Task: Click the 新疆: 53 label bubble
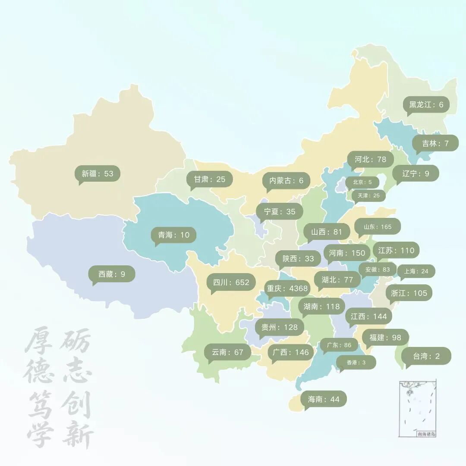pos(97,173)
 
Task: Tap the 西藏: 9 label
pos(112,274)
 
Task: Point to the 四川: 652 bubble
pos(231,283)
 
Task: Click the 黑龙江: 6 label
pos(426,105)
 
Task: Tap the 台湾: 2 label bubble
pos(426,356)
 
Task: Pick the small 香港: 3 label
pos(356,362)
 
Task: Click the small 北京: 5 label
pos(362,182)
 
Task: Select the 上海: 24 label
pos(416,271)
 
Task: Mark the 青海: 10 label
pos(173,235)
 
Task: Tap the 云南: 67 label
pos(228,352)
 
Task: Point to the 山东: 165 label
pos(378,227)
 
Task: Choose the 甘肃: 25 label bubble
pos(210,179)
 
